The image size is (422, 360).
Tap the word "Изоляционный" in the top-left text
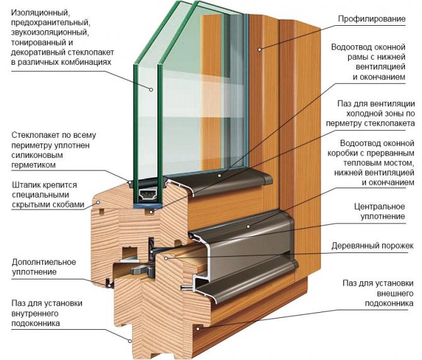pos(37,12)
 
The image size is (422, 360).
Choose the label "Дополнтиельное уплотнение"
pos(43,266)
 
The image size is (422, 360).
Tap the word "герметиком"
pos(33,165)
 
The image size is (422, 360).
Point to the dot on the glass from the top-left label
pos(151,89)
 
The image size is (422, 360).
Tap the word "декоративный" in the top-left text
pos(33,52)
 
